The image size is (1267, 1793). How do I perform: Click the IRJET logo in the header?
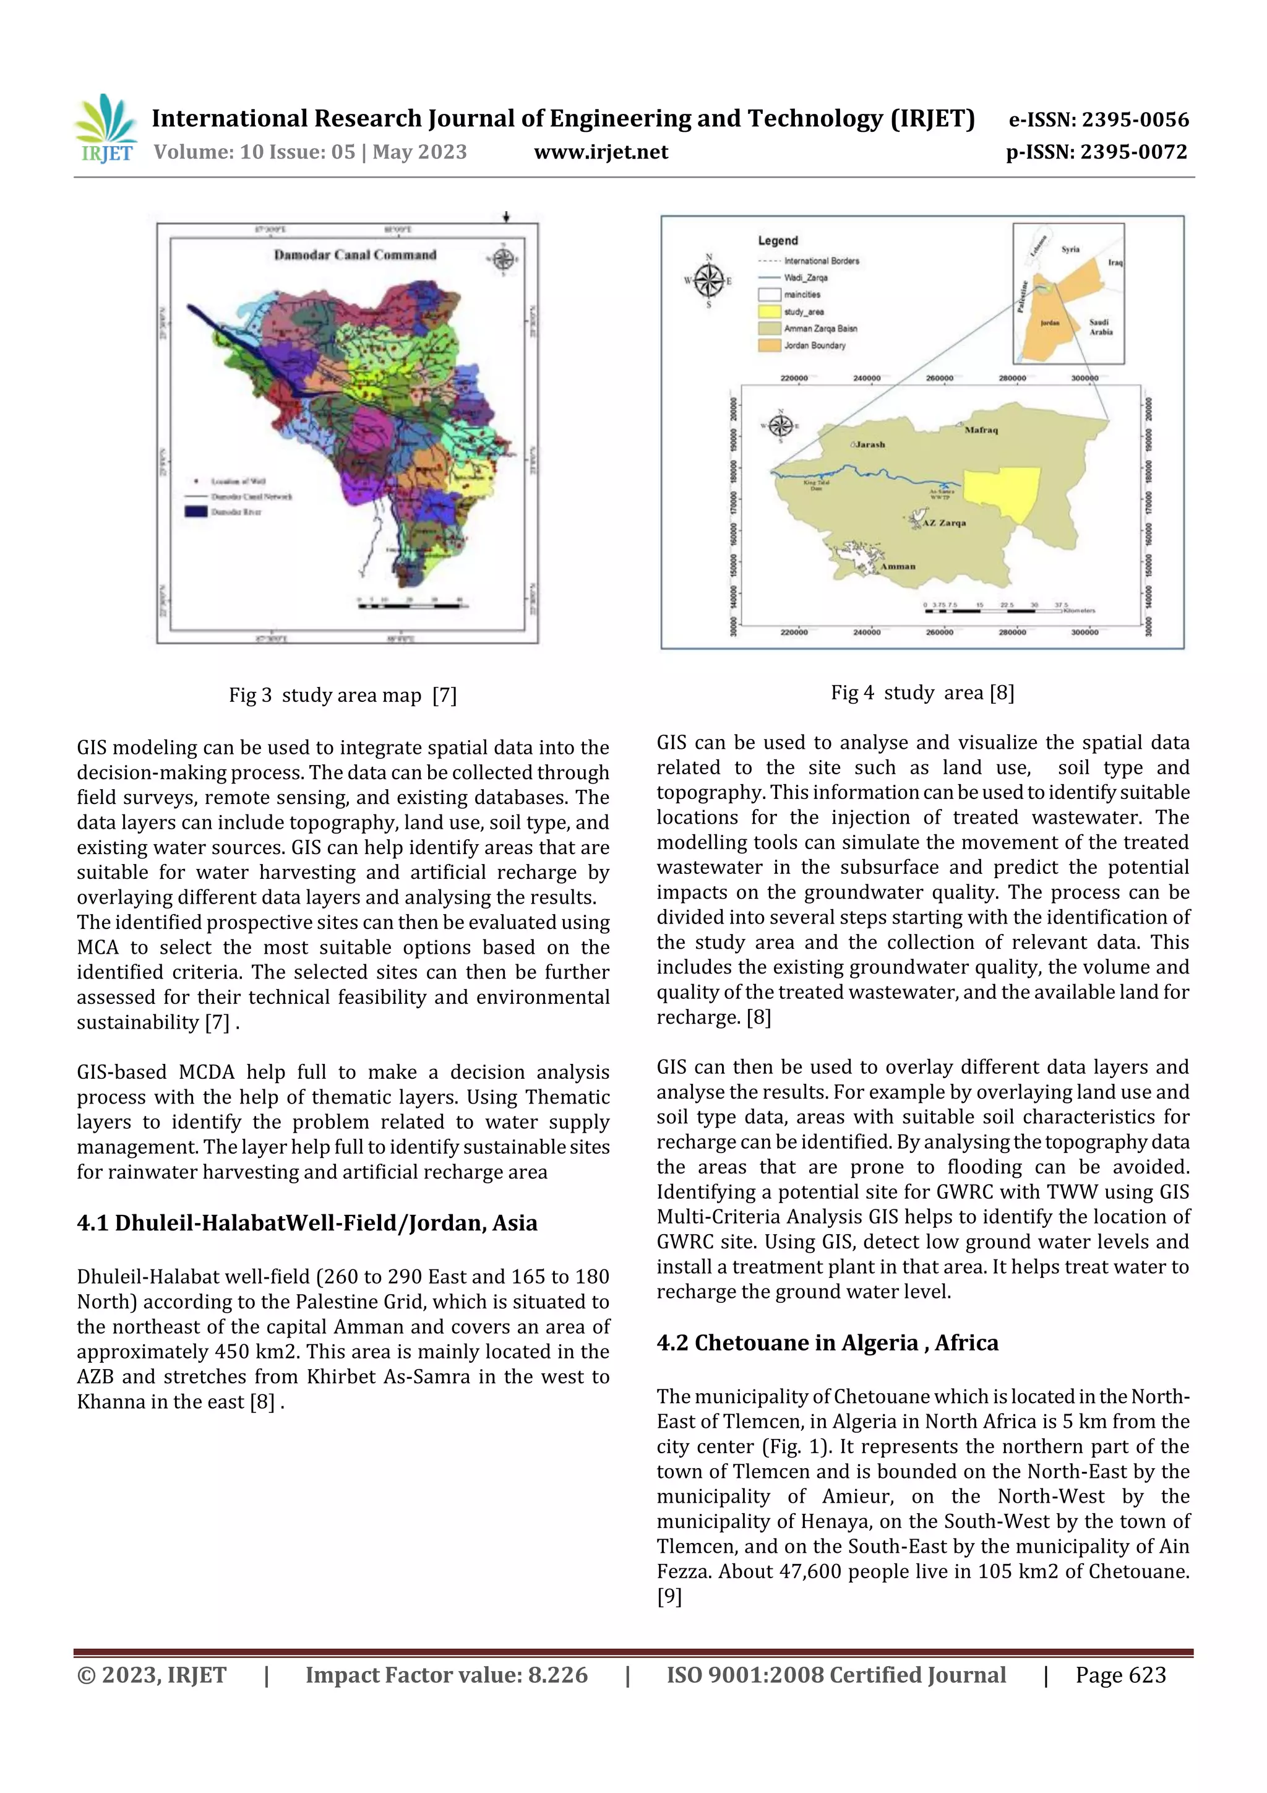click(105, 129)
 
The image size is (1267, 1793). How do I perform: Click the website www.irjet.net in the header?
click(600, 152)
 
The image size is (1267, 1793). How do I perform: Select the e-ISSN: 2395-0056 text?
click(1098, 119)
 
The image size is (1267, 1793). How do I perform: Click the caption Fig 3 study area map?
click(342, 694)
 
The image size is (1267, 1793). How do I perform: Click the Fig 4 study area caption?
click(922, 692)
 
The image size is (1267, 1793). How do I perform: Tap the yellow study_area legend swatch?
click(770, 311)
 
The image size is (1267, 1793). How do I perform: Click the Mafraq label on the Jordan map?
click(981, 430)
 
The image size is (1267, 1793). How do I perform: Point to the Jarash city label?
click(869, 444)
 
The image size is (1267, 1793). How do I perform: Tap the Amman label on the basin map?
click(898, 566)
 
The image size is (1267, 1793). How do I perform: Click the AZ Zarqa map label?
click(944, 523)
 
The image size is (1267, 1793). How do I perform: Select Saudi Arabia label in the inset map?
click(1101, 326)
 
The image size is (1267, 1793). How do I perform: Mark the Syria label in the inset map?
click(1070, 249)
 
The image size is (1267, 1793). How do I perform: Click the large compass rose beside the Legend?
click(709, 280)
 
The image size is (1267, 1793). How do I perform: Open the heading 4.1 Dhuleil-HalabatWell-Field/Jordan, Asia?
click(307, 1222)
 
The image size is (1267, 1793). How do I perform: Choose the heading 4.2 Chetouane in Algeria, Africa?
click(827, 1342)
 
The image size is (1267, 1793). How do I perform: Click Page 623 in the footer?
click(1120, 1674)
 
